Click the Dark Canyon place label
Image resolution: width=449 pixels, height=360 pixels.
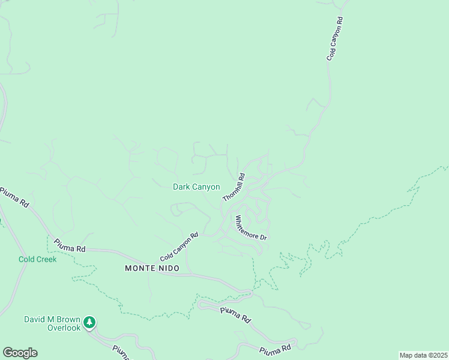[196, 187]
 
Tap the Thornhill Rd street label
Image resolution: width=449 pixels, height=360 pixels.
[234, 187]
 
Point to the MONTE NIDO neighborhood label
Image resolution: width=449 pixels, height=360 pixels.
[152, 268]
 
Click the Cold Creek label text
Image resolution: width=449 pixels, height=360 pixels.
[37, 259]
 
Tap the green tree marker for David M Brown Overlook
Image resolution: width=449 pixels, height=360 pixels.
[89, 322]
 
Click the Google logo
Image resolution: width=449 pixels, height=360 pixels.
[20, 353]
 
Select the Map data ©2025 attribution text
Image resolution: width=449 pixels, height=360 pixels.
[423, 355]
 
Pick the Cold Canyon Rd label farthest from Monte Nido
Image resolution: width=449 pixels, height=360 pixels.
[334, 38]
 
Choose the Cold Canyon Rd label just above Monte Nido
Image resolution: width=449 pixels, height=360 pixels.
[179, 247]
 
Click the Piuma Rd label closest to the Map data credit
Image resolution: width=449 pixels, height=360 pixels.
[275, 349]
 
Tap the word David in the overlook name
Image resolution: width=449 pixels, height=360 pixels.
[35, 319]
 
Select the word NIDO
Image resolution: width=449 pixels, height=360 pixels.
[168, 268]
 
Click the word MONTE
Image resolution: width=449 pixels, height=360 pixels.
[139, 268]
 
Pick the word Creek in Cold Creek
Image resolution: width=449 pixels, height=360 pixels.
[47, 259]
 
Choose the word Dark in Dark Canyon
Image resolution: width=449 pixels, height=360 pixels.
[181, 187]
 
